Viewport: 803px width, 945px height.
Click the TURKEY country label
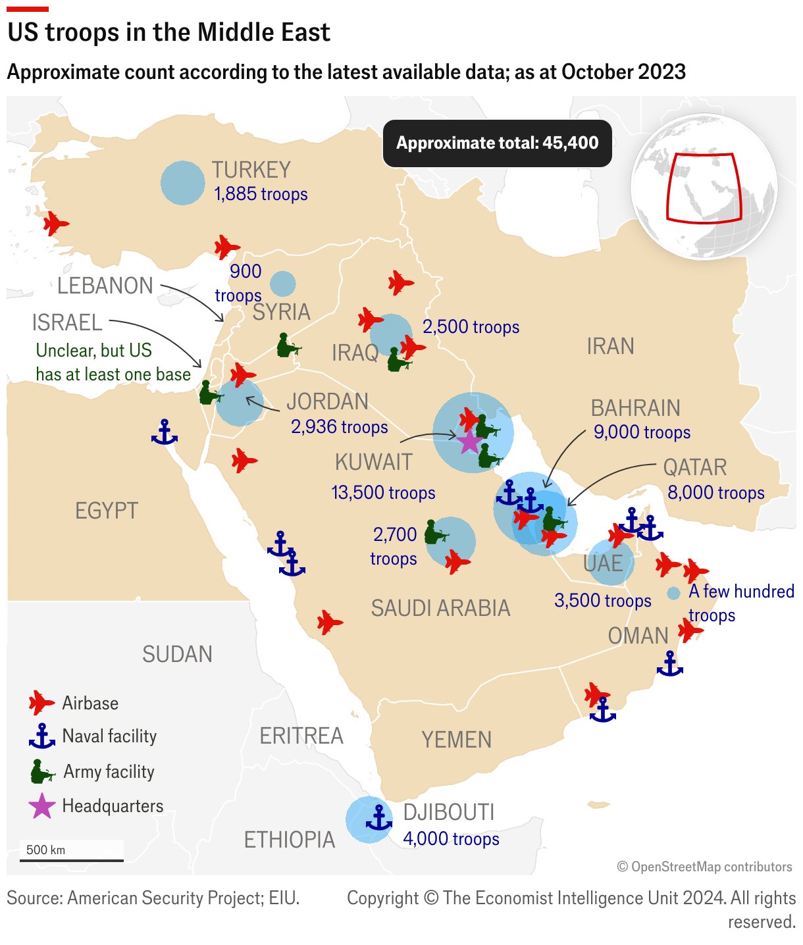click(251, 170)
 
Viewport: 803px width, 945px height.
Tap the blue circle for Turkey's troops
click(182, 183)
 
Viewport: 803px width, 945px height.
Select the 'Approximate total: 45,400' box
click(497, 143)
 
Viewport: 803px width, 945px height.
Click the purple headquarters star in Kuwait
click(469, 442)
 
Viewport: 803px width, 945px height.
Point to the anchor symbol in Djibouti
click(378, 817)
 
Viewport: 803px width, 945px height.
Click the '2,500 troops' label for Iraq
click(471, 326)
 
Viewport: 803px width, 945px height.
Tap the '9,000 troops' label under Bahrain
click(642, 432)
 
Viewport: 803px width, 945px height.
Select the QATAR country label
click(694, 467)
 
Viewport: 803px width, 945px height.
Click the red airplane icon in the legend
click(41, 703)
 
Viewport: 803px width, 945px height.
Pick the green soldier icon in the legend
click(42, 771)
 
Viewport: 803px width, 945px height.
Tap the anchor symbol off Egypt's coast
click(165, 432)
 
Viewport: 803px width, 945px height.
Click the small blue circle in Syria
click(283, 284)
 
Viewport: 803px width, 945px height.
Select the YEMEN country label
click(456, 740)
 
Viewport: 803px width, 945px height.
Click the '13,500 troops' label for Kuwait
click(383, 492)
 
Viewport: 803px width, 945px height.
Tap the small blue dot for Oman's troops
click(673, 593)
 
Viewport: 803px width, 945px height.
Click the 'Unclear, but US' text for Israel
click(93, 350)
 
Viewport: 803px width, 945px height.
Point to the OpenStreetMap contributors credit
click(704, 867)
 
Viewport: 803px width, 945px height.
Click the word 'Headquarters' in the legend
click(113, 805)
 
